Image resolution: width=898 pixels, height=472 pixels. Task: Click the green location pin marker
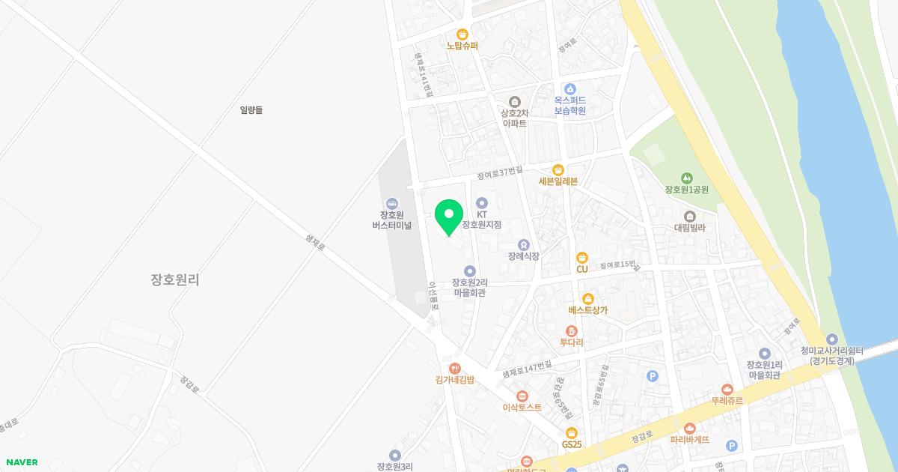tap(448, 217)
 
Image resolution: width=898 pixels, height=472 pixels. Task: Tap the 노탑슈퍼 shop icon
tap(462, 34)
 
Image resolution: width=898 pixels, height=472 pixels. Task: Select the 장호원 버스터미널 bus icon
tap(392, 203)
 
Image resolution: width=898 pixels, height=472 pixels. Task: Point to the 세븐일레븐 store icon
tap(558, 169)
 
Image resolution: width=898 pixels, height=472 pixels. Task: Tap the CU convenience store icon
tap(582, 258)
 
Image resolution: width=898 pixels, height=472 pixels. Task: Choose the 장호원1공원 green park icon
tap(686, 178)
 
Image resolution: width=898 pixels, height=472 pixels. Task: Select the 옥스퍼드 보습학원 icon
tap(569, 88)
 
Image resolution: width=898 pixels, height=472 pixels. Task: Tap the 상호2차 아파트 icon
tap(514, 102)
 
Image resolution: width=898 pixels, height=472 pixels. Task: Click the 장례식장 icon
tap(523, 244)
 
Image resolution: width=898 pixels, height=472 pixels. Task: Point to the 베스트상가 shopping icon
tap(587, 298)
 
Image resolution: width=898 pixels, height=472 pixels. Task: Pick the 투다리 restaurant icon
tap(572, 330)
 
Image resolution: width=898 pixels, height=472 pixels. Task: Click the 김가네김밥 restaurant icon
tap(454, 368)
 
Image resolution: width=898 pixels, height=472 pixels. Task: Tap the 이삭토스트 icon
tap(522, 396)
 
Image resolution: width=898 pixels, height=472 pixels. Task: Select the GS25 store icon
tap(572, 432)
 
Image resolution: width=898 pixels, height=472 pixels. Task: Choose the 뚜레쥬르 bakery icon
tap(727, 389)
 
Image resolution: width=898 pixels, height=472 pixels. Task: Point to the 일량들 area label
tap(251, 110)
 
